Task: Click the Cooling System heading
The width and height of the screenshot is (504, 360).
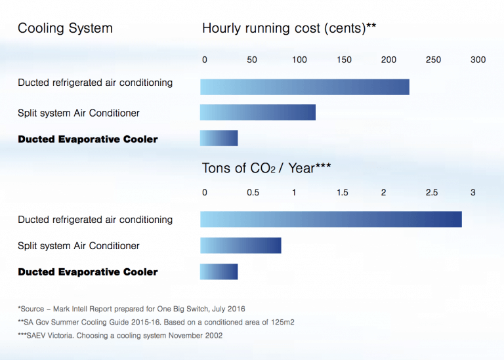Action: point(65,28)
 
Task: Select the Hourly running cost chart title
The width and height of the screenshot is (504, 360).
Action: point(289,28)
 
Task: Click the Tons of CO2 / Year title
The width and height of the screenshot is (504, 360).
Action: point(266,169)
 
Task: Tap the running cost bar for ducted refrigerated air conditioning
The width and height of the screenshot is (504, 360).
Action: point(304,87)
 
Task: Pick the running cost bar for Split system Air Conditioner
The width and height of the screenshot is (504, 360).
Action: point(257,112)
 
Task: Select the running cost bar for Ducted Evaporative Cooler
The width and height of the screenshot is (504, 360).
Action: point(219,138)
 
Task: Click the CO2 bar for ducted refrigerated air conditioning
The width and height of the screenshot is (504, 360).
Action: point(331,219)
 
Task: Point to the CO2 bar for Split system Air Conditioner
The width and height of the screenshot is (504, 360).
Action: point(240,245)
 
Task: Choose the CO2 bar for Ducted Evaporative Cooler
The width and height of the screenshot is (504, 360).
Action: point(219,271)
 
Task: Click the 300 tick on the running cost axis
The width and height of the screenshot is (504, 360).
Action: point(478,60)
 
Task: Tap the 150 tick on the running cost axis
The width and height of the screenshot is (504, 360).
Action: point(344,60)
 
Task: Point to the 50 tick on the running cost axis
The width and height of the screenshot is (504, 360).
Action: point(252,60)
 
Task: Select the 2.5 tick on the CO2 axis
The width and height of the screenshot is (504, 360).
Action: point(432,193)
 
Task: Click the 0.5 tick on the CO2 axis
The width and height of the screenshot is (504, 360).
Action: point(253,193)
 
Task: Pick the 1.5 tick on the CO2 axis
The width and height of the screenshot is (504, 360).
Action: point(343,193)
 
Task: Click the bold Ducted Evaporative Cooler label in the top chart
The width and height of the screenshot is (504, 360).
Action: point(88,139)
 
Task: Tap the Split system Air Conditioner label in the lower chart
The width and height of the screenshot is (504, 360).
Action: point(79,246)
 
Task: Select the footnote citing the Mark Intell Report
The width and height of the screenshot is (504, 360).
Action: point(131,308)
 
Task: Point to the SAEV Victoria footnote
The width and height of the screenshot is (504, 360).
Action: point(120,336)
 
